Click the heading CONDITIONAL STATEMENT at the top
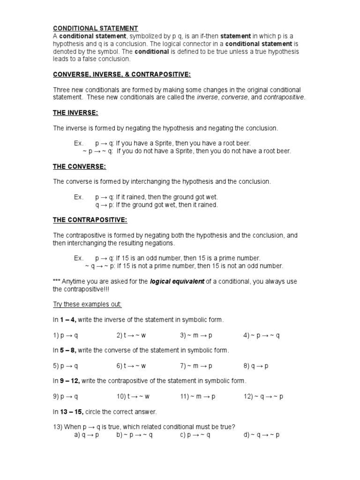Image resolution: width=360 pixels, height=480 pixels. (x=96, y=29)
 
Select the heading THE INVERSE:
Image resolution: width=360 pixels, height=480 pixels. (x=75, y=113)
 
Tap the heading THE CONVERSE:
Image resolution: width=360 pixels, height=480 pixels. (x=79, y=166)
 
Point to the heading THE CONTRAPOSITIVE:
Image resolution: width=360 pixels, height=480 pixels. (x=90, y=220)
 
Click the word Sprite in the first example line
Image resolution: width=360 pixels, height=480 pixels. (x=164, y=143)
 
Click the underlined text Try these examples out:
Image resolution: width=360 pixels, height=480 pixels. (x=87, y=304)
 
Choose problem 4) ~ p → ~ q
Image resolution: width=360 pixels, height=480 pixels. (x=261, y=335)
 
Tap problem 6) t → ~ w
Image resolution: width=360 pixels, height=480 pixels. (x=131, y=366)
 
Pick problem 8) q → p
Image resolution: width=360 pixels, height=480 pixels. (x=255, y=366)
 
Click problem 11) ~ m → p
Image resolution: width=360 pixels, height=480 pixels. (x=198, y=396)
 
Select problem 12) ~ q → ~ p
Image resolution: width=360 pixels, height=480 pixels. (x=263, y=396)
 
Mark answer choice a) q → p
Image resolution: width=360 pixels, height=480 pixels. (x=87, y=435)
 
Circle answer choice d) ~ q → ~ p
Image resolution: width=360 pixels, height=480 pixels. (x=262, y=435)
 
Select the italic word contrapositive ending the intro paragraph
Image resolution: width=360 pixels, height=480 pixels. (x=284, y=97)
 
